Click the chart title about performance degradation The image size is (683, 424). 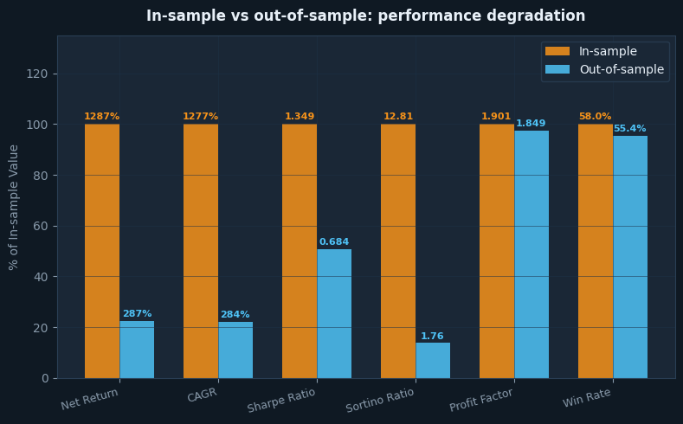tap(365, 16)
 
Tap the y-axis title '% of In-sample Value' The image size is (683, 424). tap(14, 207)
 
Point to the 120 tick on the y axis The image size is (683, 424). tap(37, 74)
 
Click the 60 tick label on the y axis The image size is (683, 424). tap(41, 226)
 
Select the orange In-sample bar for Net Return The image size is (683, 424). tap(102, 251)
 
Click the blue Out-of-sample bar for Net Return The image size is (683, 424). tap(137, 350)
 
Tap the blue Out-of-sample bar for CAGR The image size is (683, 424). tap(235, 350)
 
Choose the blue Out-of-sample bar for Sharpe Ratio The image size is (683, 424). tap(334, 313)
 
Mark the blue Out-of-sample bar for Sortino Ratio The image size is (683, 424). tap(433, 360)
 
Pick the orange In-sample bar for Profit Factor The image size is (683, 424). tap(497, 251)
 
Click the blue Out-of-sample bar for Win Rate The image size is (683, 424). tap(630, 256)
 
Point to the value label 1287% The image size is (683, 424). tap(102, 117)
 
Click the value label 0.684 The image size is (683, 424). tap(334, 242)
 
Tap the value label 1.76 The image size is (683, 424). tap(432, 337)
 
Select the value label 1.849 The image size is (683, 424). tap(532, 124)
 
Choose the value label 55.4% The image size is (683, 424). tap(630, 129)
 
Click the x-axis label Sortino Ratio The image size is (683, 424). tap(381, 401)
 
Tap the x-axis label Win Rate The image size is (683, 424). tap(587, 398)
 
